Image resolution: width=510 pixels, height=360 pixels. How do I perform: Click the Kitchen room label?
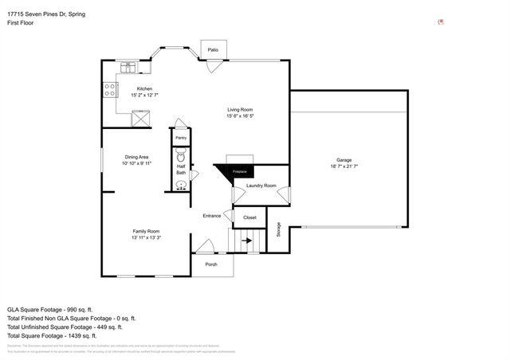tap(144, 88)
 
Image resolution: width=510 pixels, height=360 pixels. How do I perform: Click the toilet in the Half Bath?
tap(181, 154)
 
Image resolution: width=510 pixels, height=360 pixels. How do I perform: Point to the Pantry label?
tap(181, 138)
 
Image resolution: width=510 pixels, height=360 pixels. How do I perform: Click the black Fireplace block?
tap(237, 172)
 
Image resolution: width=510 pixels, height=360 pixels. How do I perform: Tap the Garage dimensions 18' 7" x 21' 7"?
tap(344, 166)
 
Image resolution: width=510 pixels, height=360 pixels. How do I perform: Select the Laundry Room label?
tap(261, 186)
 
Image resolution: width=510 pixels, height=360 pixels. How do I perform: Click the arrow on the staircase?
tap(247, 240)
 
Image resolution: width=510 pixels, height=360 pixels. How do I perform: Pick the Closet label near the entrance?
tap(249, 217)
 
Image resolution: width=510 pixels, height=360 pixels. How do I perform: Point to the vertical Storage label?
tap(279, 229)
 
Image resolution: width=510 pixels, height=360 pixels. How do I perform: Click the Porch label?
tap(211, 264)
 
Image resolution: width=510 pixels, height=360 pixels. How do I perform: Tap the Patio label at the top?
tap(213, 49)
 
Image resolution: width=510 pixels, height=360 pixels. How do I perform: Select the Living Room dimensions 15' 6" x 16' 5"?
tap(240, 116)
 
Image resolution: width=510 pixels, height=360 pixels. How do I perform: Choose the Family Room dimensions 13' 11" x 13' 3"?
tap(146, 237)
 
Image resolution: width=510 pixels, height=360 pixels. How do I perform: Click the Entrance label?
tap(211, 216)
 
